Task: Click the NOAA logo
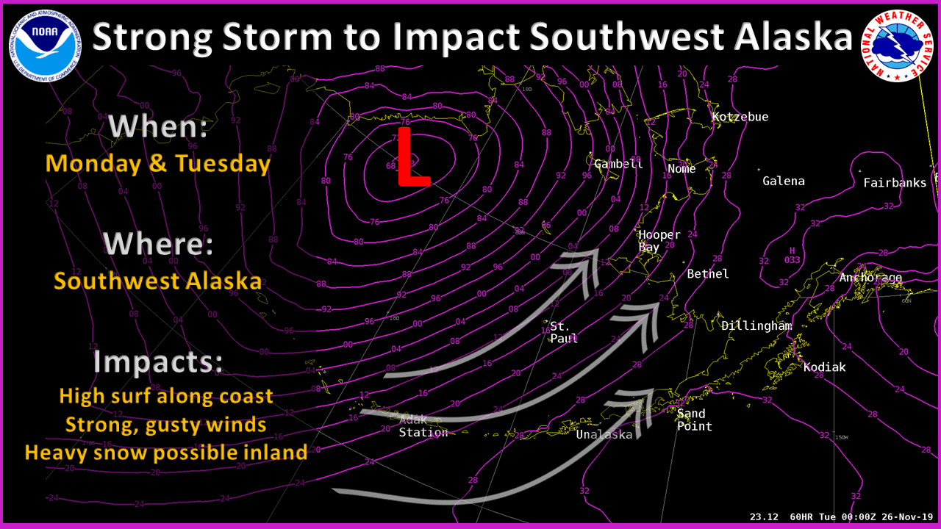click(x=46, y=46)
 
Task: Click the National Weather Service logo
click(x=897, y=46)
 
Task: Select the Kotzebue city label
click(x=740, y=117)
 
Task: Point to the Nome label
click(x=681, y=169)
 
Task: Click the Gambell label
click(x=618, y=164)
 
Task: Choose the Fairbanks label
click(x=895, y=182)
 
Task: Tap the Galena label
click(x=783, y=181)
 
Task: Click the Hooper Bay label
click(x=659, y=241)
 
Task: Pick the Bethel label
click(x=708, y=274)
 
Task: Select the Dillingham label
click(x=756, y=325)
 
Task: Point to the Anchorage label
click(x=870, y=278)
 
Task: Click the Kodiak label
click(x=824, y=367)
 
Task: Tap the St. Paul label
click(x=564, y=332)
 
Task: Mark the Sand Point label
click(x=694, y=420)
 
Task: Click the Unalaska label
click(x=604, y=434)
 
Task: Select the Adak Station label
click(x=423, y=426)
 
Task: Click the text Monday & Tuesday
click(x=158, y=163)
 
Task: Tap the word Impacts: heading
click(x=158, y=362)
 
